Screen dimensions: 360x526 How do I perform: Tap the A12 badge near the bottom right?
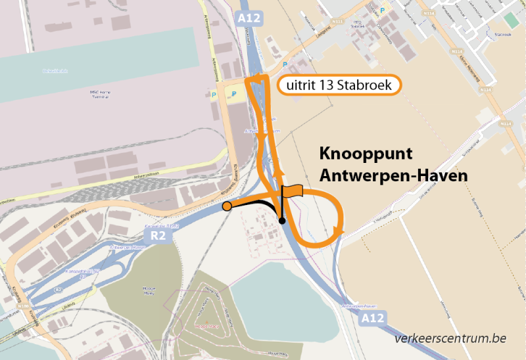(x=371, y=319)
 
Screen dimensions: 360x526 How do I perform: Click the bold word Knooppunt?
(x=366, y=155)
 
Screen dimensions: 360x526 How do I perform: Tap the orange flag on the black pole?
(x=293, y=191)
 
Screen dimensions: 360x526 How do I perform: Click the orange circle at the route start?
(x=227, y=206)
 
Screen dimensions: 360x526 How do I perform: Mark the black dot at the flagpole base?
(x=282, y=221)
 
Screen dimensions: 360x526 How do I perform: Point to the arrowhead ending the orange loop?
(x=339, y=229)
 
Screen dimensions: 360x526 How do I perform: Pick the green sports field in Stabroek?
(x=512, y=20)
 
